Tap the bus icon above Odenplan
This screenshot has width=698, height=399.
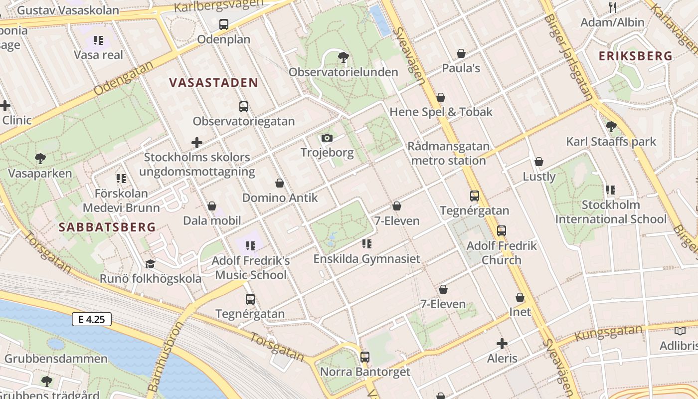point(224,23)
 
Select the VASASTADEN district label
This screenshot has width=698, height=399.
point(213,83)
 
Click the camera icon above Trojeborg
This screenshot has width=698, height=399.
point(327,138)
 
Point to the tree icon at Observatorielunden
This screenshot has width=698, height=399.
point(343,57)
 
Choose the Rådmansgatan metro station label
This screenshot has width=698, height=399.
point(448,154)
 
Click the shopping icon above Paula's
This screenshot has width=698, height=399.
point(461,53)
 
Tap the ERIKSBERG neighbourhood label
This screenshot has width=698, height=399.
point(635,56)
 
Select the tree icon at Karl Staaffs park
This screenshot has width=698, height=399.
point(611,126)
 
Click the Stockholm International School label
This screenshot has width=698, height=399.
point(611,212)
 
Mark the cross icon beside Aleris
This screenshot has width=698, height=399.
point(502,344)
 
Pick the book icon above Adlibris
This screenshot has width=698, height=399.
point(680,331)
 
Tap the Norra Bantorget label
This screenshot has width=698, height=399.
point(365,372)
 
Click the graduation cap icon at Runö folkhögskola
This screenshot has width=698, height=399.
point(150,264)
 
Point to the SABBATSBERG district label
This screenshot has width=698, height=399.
point(107,227)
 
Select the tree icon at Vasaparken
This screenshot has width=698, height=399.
point(40,159)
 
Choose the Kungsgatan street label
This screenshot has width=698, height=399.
point(609,333)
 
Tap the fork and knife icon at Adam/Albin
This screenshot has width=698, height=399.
point(613,7)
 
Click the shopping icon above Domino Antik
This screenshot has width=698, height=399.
point(280,183)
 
